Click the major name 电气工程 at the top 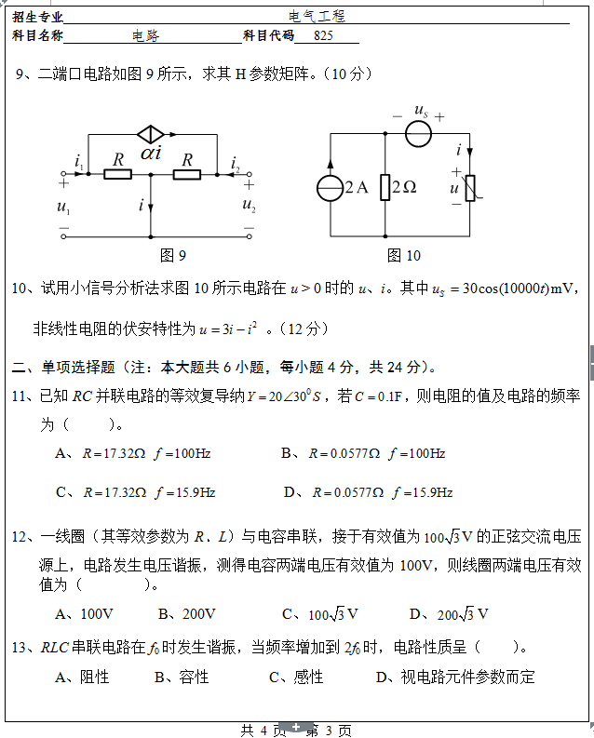(x=317, y=16)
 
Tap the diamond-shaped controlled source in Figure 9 (x=150, y=134)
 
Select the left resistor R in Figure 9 (x=117, y=173)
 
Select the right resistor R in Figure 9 (x=187, y=173)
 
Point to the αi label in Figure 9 (x=151, y=153)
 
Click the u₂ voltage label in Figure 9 (x=249, y=205)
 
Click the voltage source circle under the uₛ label (x=418, y=134)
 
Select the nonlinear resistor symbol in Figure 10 (x=470, y=188)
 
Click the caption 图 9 (x=173, y=255)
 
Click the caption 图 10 (x=404, y=255)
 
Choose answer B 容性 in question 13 (x=182, y=678)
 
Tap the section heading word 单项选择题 (x=73, y=367)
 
